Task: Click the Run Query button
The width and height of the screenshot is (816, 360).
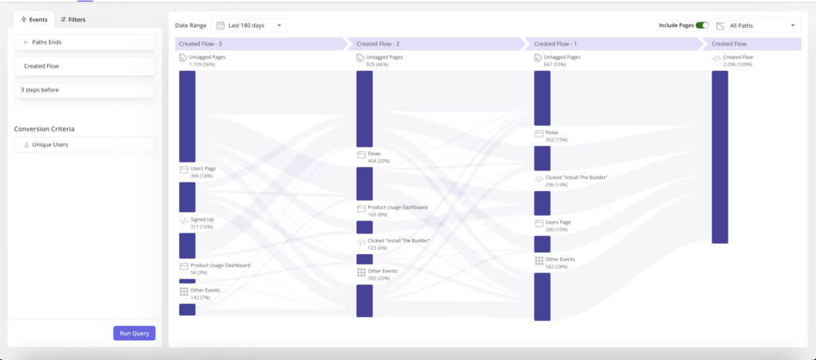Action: tap(134, 333)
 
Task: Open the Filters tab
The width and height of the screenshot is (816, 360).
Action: tap(73, 19)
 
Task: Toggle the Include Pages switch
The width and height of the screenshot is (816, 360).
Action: tap(701, 25)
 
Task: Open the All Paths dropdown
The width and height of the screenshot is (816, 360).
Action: tap(756, 25)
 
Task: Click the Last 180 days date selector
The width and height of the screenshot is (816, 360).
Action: tap(249, 25)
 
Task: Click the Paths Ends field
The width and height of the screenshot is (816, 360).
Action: tap(84, 42)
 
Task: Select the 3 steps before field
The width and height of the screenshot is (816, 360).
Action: tap(84, 90)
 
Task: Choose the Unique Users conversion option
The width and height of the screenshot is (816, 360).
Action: tap(84, 145)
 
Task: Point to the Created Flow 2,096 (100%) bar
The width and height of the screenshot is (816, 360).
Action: tap(720, 157)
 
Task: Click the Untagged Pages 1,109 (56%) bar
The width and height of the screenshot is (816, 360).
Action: tap(187, 116)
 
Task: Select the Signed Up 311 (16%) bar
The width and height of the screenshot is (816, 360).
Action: tap(187, 245)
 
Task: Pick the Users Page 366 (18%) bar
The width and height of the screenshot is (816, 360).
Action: tap(187, 197)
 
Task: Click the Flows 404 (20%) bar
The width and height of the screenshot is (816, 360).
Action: tap(364, 183)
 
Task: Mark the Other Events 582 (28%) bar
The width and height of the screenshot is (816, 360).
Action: tap(542, 295)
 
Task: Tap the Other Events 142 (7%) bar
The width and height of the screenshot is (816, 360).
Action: tap(187, 310)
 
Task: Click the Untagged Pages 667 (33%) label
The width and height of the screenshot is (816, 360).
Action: tap(562, 61)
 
